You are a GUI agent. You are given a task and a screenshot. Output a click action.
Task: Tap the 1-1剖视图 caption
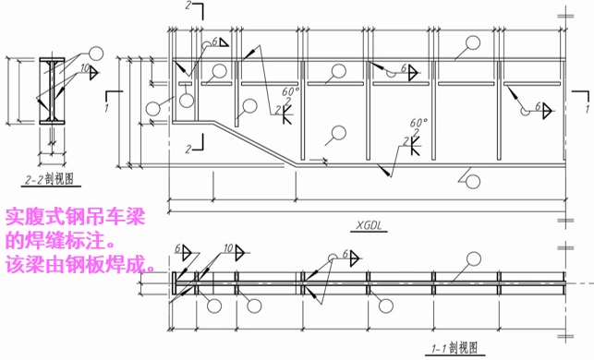457,347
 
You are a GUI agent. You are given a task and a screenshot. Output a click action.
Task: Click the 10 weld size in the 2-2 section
85,67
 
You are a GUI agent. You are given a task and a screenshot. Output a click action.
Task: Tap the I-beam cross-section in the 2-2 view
51,91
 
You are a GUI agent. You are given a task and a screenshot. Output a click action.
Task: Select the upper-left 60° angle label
291,91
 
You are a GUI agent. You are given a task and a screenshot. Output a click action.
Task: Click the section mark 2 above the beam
188,6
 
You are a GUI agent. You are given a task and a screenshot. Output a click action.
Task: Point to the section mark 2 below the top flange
188,148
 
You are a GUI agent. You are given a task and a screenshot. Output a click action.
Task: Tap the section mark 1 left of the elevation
108,108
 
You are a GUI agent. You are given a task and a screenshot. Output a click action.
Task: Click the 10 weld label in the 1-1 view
227,247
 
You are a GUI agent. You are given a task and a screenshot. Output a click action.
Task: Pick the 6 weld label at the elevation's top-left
215,42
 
